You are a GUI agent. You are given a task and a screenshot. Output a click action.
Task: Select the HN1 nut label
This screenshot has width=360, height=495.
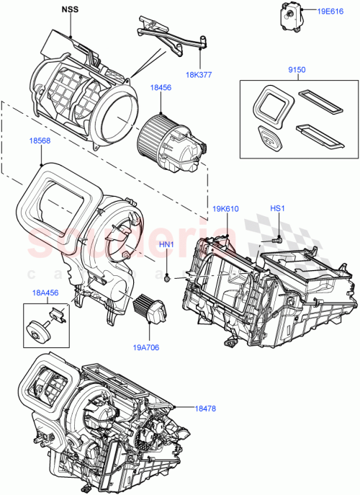point(167,245)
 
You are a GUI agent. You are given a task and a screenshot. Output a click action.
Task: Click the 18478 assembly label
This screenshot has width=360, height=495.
point(207,408)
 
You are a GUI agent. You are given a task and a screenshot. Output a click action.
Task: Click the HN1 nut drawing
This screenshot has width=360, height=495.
point(166,277)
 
